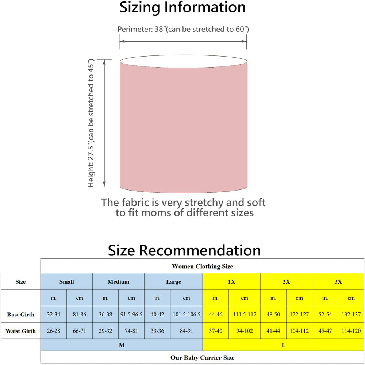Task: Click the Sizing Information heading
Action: click(182, 7)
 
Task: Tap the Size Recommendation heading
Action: click(184, 250)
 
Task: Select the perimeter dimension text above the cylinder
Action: click(183, 29)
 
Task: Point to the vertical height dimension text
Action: click(91, 123)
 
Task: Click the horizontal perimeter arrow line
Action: click(183, 41)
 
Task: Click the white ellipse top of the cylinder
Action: click(184, 61)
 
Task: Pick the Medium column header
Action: click(118, 282)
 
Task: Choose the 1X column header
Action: click(231, 282)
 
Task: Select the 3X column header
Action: click(338, 282)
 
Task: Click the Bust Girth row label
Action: click(20, 315)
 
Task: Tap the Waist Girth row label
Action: click(20, 331)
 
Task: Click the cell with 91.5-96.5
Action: click(131, 314)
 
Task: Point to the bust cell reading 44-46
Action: click(216, 314)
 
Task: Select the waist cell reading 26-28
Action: click(54, 331)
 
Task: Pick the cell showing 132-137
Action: click(351, 314)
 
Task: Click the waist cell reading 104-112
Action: click(299, 331)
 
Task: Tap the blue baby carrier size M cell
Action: click(122, 345)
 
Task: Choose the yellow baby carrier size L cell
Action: click(283, 345)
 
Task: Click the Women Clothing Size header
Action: click(202, 266)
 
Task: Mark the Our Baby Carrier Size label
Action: click(202, 357)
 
